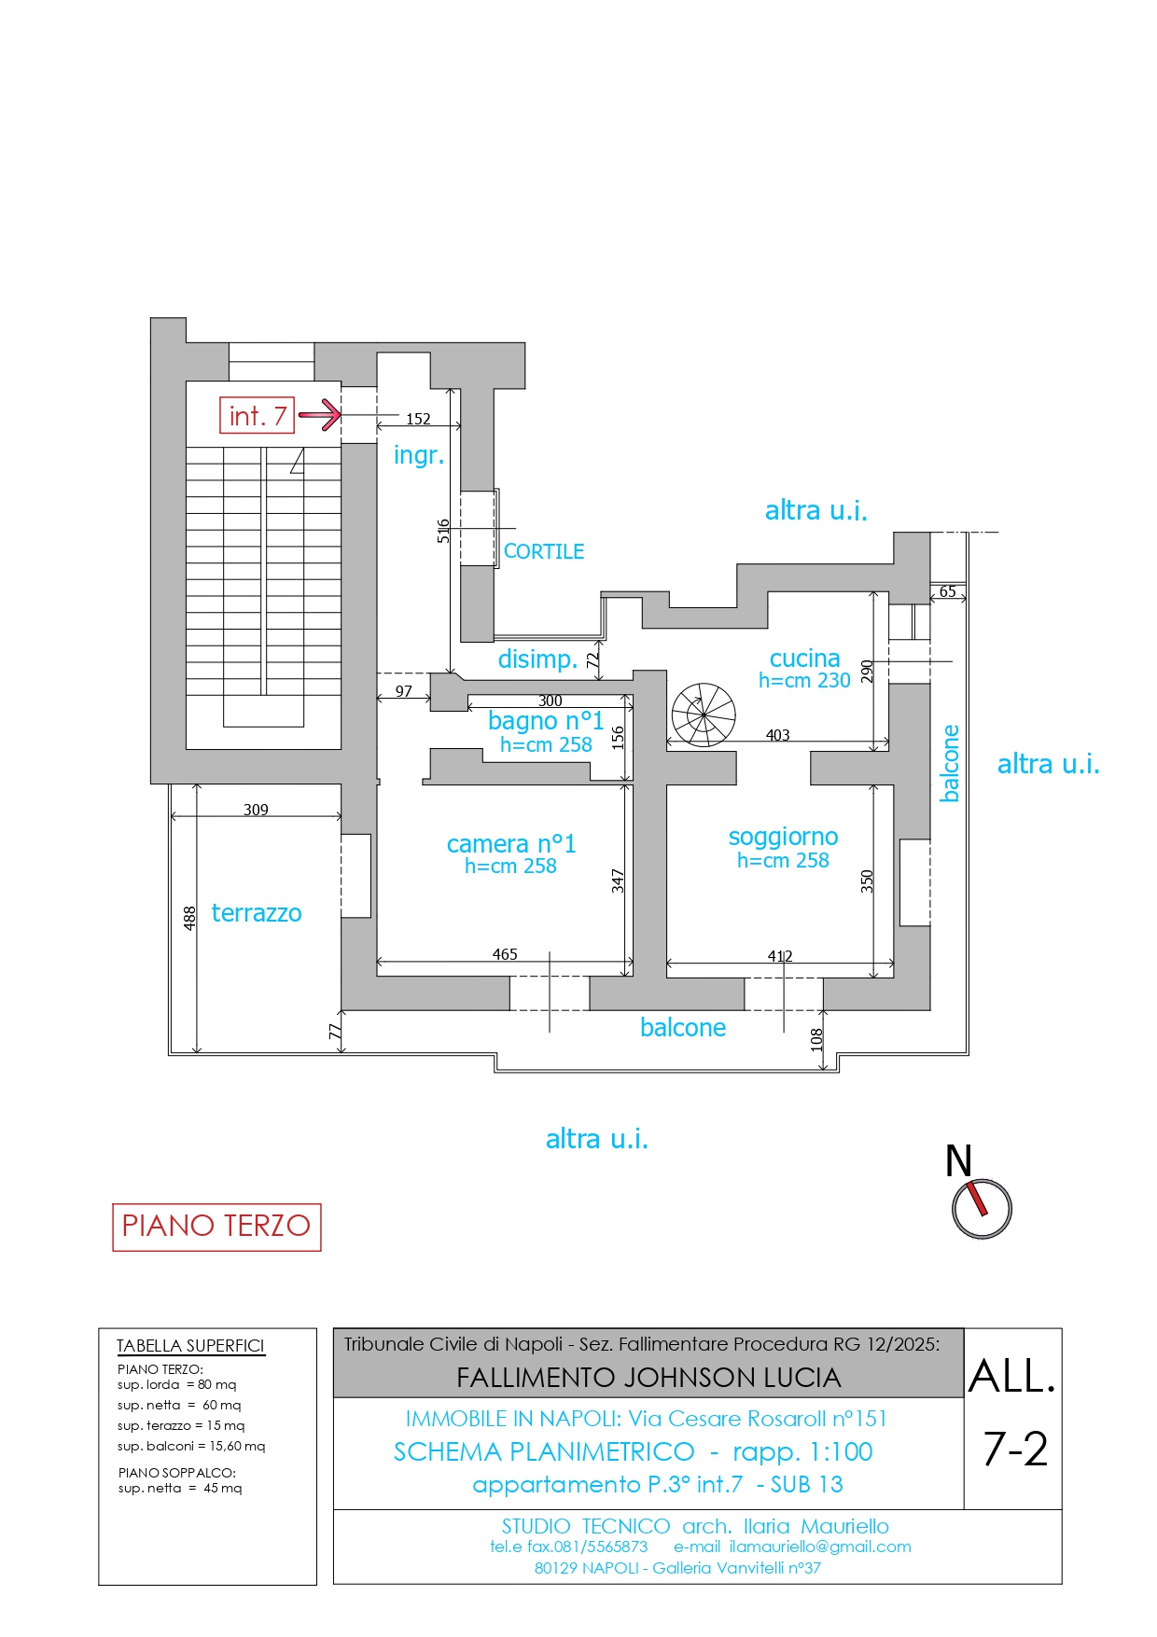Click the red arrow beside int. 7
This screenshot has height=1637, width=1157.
click(320, 415)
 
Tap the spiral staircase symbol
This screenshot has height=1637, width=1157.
click(704, 714)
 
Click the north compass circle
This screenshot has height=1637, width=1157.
click(982, 1209)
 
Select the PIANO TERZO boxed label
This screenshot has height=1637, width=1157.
click(216, 1227)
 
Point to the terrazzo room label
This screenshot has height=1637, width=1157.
click(257, 913)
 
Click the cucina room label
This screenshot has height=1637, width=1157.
click(804, 659)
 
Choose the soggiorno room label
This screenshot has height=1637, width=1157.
click(783, 838)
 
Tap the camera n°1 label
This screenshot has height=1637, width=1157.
click(511, 844)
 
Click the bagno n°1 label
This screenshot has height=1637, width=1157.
click(546, 721)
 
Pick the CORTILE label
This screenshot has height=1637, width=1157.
click(544, 551)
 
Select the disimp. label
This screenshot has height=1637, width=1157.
click(537, 659)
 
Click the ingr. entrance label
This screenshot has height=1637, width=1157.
click(419, 456)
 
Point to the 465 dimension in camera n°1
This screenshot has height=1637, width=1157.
click(505, 954)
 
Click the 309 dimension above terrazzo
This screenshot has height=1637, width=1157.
click(256, 810)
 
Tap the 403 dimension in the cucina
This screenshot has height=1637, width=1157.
click(778, 735)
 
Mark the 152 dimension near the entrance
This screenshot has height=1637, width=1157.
click(418, 419)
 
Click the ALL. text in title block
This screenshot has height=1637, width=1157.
click(1012, 1377)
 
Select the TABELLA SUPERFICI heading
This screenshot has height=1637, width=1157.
click(190, 1346)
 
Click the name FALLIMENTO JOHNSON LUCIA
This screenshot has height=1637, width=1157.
click(648, 1378)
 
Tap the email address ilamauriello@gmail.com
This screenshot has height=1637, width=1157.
click(820, 1547)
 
